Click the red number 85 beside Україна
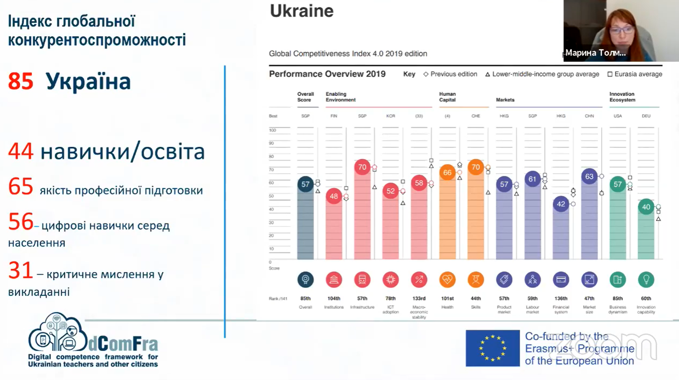(x=21, y=81)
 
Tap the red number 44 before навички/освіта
(x=21, y=151)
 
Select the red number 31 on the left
(x=21, y=270)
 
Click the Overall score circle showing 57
(x=305, y=184)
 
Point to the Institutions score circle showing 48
(x=334, y=196)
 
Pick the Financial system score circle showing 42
(x=561, y=204)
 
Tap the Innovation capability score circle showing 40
(x=646, y=207)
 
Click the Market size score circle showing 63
(x=589, y=176)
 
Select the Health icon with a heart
(x=447, y=280)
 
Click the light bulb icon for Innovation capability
(x=646, y=280)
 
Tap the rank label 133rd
(x=419, y=299)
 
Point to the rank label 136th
(x=561, y=299)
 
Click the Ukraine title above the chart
(x=302, y=11)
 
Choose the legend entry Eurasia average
(x=635, y=74)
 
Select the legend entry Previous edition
(x=450, y=74)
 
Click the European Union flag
(x=493, y=348)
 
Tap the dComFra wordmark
(x=123, y=344)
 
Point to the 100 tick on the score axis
(x=273, y=130)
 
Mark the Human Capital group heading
(x=447, y=97)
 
